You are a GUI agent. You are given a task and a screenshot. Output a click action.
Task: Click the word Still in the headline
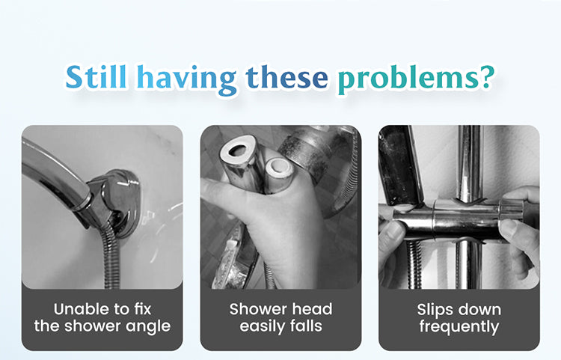click(96, 76)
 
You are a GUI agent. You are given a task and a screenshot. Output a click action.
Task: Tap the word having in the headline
click(187, 79)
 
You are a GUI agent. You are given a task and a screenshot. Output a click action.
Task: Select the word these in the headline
click(287, 77)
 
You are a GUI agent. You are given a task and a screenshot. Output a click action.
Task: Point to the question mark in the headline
click(486, 76)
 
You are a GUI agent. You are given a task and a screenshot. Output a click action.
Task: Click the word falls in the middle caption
click(307, 326)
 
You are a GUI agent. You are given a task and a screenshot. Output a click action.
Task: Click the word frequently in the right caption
click(459, 327)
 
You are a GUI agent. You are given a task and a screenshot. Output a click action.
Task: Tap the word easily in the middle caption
click(263, 327)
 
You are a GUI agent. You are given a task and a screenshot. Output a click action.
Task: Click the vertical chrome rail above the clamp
click(470, 162)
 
